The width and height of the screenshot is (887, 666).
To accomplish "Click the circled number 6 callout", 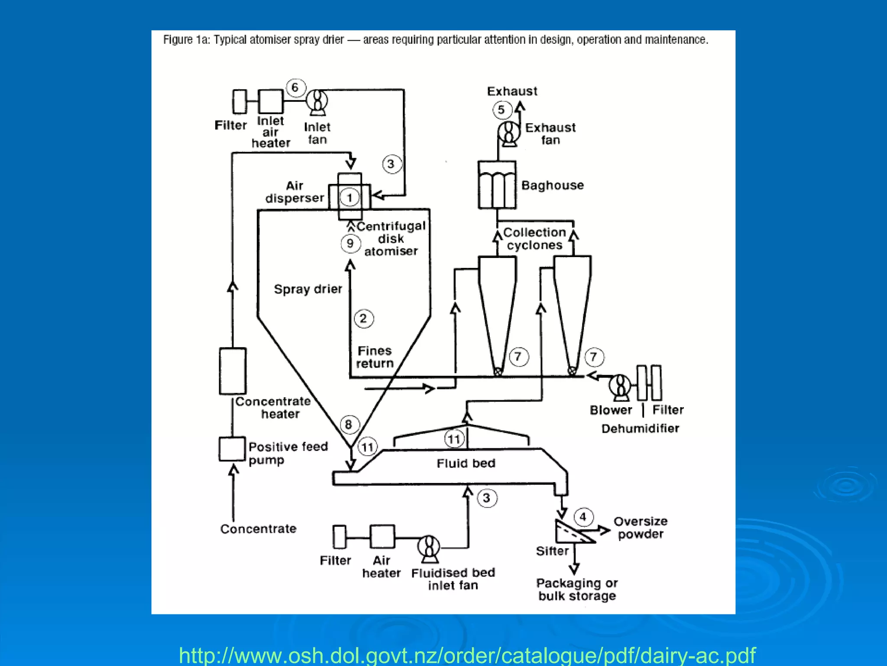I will pyautogui.click(x=295, y=88).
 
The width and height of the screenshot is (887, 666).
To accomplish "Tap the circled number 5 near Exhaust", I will pyautogui.click(x=502, y=110).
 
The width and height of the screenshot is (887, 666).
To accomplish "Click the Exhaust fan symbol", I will pyautogui.click(x=509, y=132).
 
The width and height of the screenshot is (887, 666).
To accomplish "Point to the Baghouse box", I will pyautogui.click(x=497, y=185).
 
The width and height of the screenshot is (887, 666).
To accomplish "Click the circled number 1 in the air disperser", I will pyautogui.click(x=350, y=198).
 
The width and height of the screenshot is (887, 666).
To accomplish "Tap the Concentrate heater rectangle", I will pyautogui.click(x=233, y=371).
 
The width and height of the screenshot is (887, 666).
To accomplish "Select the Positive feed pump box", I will pyautogui.click(x=232, y=449).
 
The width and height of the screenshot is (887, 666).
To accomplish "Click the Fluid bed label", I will pyautogui.click(x=466, y=464).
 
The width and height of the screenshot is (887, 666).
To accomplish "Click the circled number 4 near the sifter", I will pyautogui.click(x=583, y=517).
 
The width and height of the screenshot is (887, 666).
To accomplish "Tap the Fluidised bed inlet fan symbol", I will pyautogui.click(x=429, y=548).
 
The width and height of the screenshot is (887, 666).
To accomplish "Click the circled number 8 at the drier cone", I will pyautogui.click(x=349, y=424).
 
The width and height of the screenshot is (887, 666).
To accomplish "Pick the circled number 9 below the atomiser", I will pyautogui.click(x=350, y=243).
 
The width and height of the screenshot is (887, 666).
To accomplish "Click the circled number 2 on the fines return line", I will pyautogui.click(x=363, y=319).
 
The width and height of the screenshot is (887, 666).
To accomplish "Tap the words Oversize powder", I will pyautogui.click(x=640, y=528).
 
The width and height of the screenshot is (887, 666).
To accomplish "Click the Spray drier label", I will pyautogui.click(x=308, y=289).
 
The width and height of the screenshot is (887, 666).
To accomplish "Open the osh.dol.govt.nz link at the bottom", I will pyautogui.click(x=467, y=655).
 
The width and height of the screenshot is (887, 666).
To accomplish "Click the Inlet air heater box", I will pyautogui.click(x=271, y=101).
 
